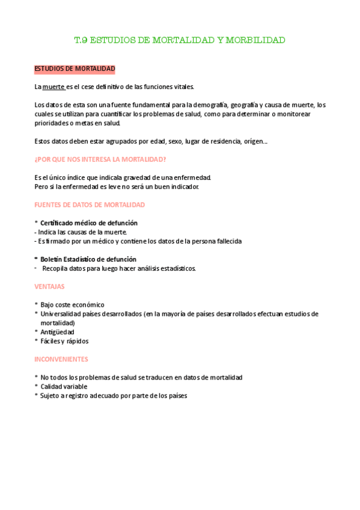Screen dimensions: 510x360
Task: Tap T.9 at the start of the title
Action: (81, 40)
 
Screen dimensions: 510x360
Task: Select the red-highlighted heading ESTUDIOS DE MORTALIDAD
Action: (75, 69)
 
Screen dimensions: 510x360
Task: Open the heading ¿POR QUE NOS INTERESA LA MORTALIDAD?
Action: (100, 159)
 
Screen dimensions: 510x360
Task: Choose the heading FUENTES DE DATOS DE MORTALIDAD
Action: (90, 204)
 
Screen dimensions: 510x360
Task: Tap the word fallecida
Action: (224, 241)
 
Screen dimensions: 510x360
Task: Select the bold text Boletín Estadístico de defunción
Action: (88, 259)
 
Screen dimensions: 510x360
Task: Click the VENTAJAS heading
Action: (50, 286)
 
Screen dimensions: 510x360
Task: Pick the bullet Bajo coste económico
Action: (72, 305)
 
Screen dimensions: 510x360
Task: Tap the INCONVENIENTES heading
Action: (61, 359)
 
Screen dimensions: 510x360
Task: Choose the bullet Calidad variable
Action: (64, 386)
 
